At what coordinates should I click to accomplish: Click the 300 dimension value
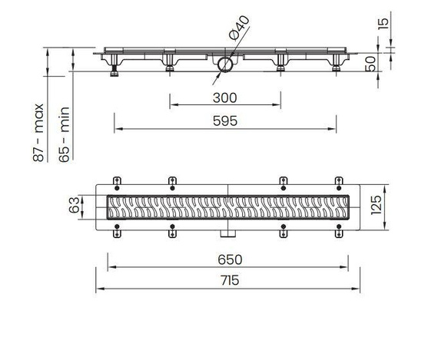[225, 97]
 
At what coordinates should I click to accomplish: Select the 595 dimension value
[225, 121]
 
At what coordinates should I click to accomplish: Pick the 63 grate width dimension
[75, 206]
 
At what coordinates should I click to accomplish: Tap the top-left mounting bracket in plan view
[117, 181]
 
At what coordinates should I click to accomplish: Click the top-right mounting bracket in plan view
[339, 181]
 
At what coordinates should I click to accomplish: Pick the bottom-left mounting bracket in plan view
[117, 231]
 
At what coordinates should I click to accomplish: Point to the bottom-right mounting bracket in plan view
[339, 231]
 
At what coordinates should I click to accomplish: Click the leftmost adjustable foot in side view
[114, 72]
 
